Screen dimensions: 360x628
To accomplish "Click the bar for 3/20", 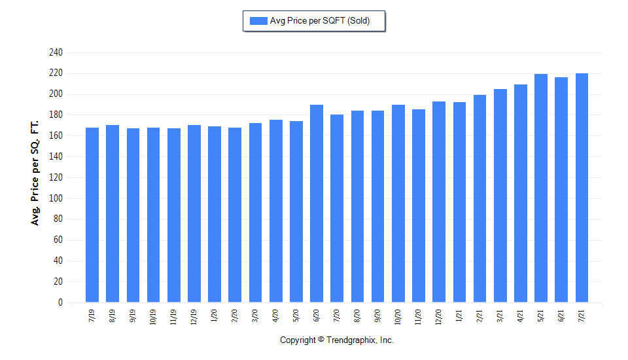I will point(255,213).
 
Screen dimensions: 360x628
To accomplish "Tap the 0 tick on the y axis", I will point(60,302).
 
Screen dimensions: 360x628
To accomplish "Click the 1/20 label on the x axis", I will point(215,316).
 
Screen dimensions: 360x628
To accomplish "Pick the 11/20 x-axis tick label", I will point(419,317).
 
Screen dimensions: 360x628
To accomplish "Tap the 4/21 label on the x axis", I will point(521,316).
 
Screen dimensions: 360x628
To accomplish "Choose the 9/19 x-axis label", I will point(133,316).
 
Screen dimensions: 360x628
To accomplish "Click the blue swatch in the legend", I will point(258,21).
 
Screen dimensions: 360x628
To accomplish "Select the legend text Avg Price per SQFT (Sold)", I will point(320,21).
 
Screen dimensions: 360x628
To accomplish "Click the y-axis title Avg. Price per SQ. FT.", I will point(35,172).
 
